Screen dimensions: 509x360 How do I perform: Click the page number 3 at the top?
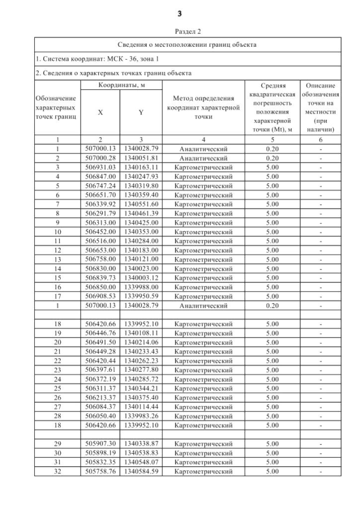pos(180,13)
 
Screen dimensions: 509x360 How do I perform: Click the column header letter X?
pos(101,112)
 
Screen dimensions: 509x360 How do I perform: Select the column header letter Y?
pos(141,112)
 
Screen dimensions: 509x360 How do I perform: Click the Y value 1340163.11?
pos(141,167)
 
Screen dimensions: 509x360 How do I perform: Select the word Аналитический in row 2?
pos(203,158)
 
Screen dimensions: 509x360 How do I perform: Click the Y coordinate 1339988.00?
pos(141,286)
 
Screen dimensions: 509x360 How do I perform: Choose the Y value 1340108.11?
pos(141,332)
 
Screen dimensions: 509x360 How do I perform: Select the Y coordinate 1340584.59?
pos(141,471)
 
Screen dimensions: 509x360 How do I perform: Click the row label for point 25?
pos(57,388)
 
